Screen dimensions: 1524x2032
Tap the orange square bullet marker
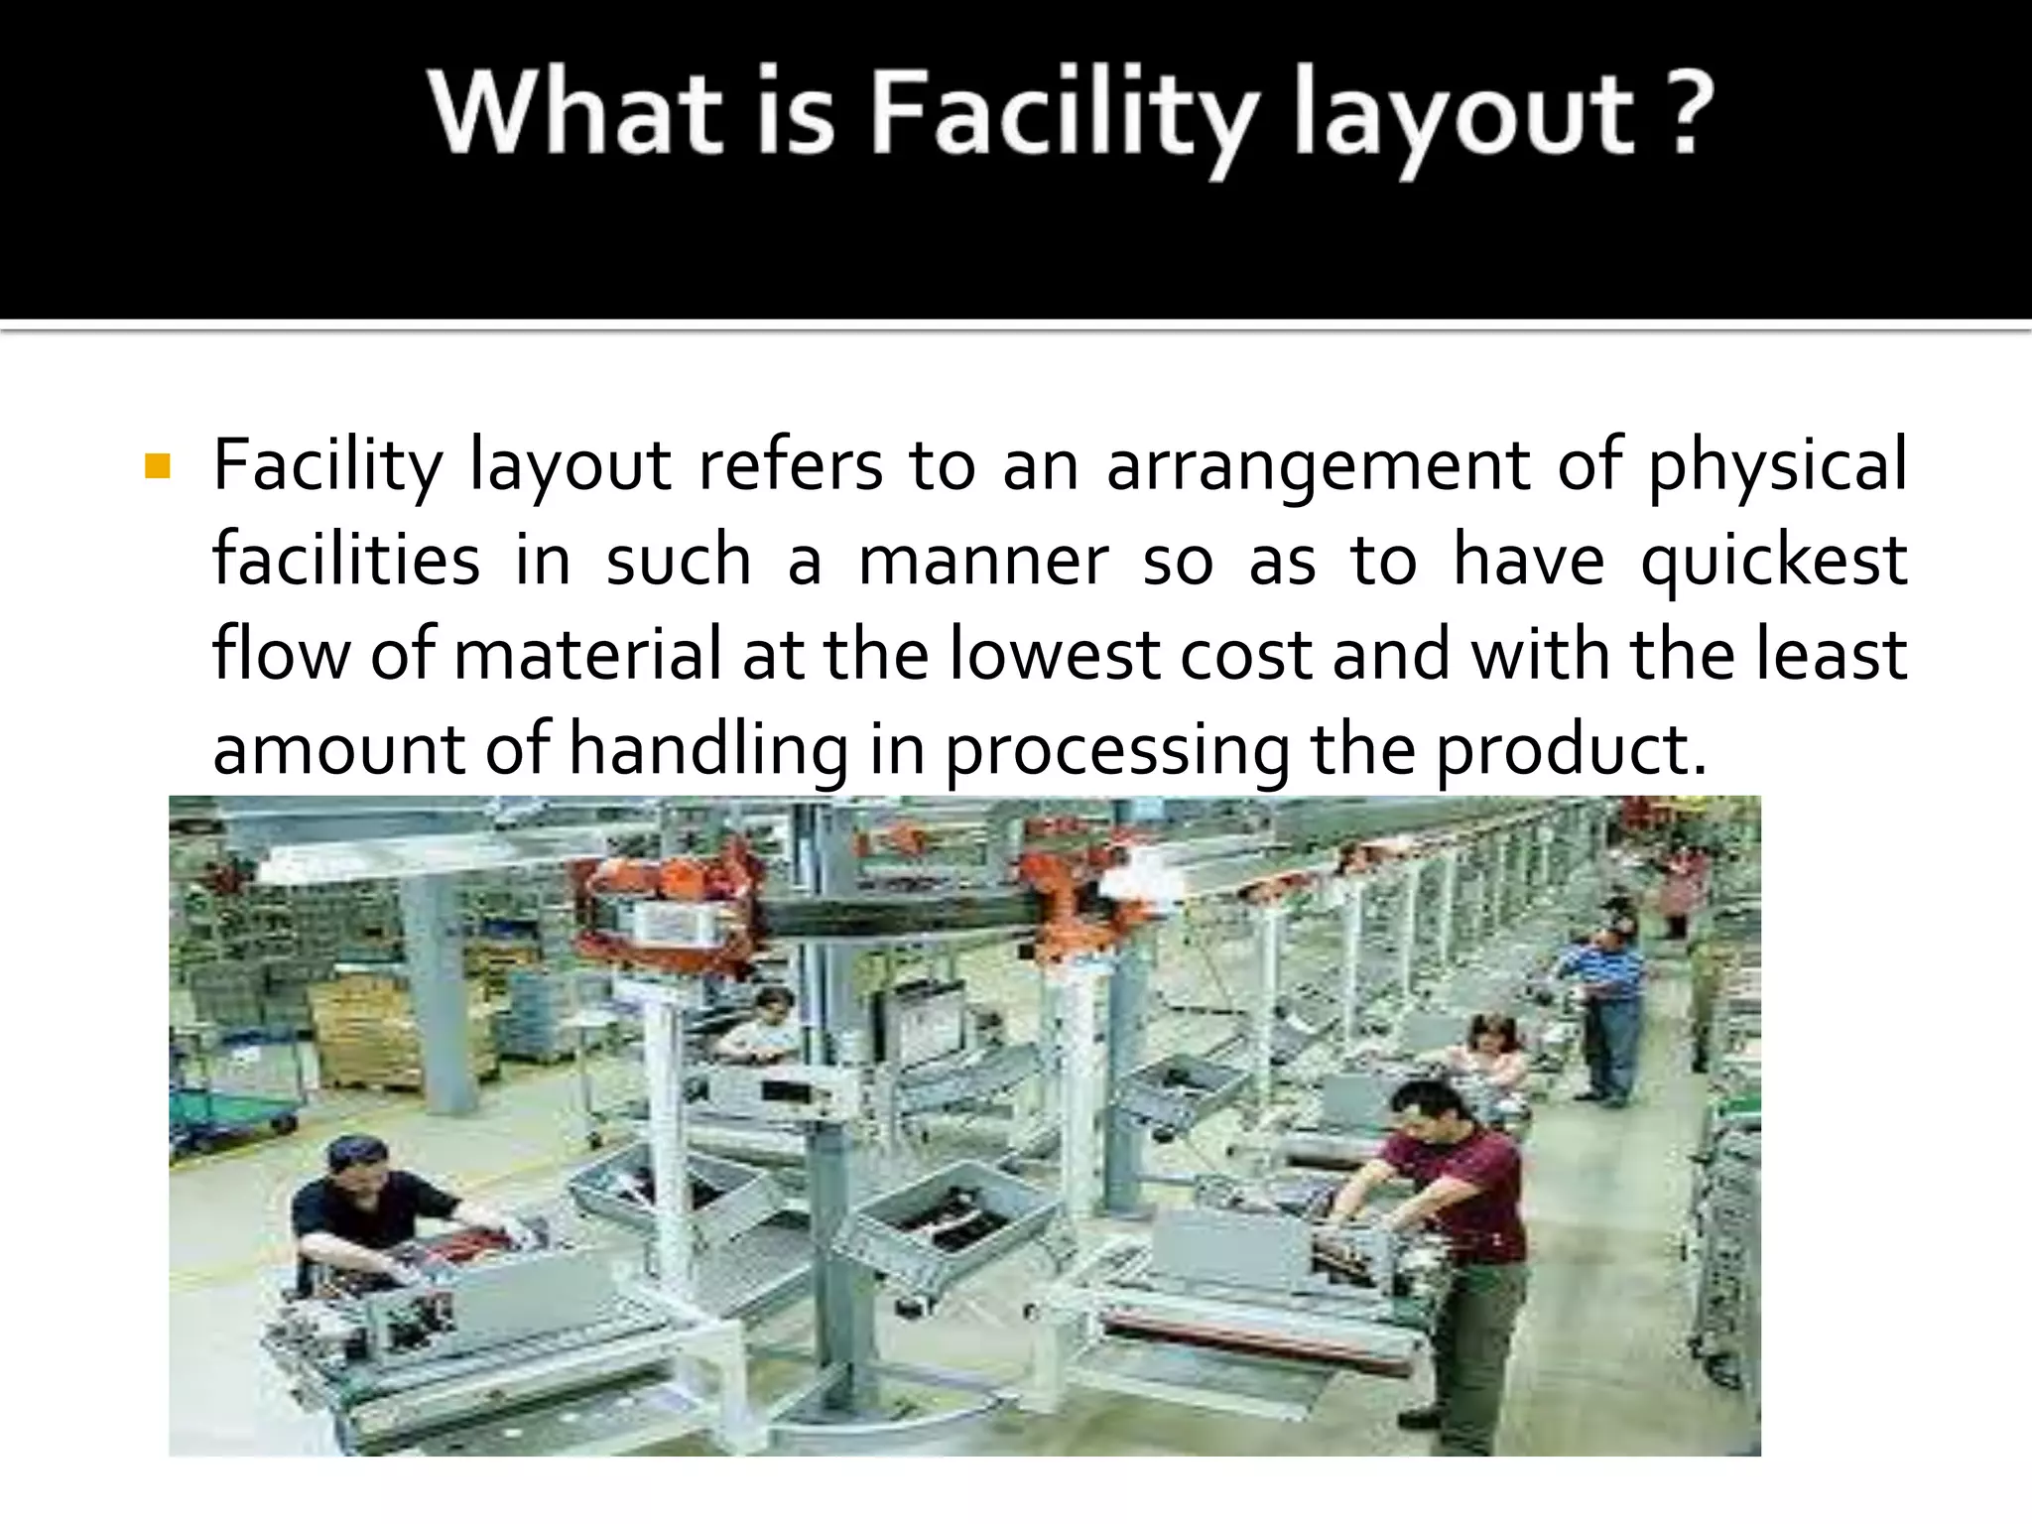pos(157,465)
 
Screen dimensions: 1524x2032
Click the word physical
pos(1777,465)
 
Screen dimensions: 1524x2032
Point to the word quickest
pos(1774,560)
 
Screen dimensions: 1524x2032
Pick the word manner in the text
pos(982,560)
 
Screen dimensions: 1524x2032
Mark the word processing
pos(1117,749)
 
